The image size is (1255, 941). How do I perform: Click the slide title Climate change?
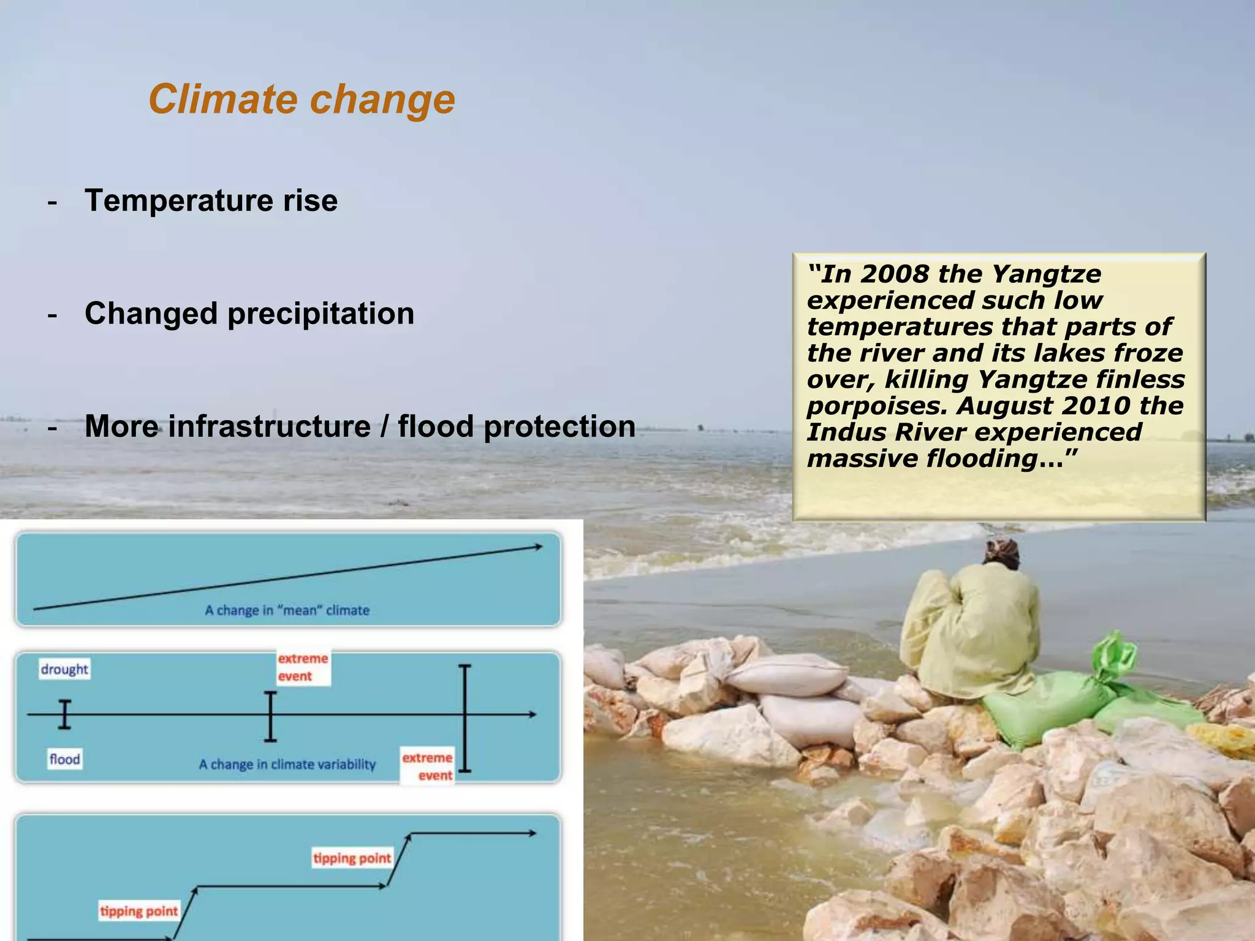coord(301,99)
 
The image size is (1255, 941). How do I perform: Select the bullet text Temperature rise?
coord(211,201)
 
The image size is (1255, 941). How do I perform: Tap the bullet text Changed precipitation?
coord(249,314)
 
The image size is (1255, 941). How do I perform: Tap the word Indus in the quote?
coord(836,433)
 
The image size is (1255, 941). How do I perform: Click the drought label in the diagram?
coord(64,669)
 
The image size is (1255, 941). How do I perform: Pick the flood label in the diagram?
coord(64,760)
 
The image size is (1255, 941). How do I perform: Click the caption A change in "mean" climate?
coord(287,610)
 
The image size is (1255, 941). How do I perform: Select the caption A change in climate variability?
coord(287,765)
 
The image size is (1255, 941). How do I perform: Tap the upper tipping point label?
coord(352,858)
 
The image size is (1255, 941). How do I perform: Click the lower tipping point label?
coord(139,912)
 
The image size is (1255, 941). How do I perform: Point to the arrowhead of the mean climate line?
coord(537,547)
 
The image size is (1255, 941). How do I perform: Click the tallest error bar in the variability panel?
coord(465,718)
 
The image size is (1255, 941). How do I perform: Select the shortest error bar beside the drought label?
coord(64,714)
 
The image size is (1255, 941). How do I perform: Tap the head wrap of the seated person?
coord(1001,551)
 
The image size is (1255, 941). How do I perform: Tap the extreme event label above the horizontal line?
coord(303,667)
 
